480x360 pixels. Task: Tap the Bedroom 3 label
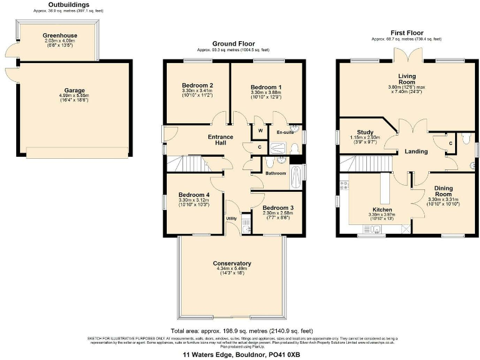point(278,207)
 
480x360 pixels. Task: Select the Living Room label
point(398,78)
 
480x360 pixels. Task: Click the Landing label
point(416,151)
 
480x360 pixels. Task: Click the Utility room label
point(231,218)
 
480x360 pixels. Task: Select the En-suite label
point(285,132)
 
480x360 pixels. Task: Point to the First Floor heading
point(406,32)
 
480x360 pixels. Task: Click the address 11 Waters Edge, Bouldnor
point(240,354)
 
